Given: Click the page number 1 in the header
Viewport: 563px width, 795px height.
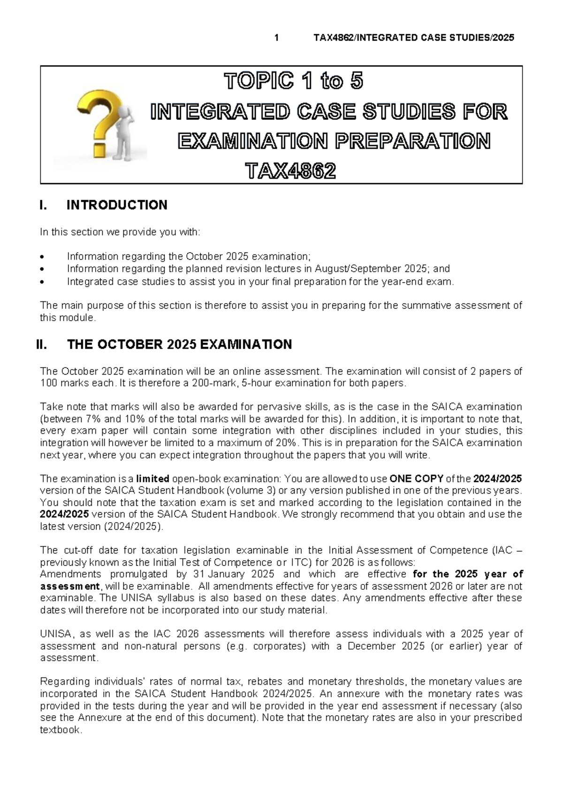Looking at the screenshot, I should (x=277, y=38).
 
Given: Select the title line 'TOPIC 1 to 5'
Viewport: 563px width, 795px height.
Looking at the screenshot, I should (x=294, y=82).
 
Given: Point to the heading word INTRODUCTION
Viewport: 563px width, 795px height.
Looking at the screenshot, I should (x=117, y=205).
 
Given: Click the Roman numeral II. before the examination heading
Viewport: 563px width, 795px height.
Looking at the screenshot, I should (x=42, y=345).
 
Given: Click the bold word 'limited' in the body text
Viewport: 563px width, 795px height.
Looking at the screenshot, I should (x=152, y=479).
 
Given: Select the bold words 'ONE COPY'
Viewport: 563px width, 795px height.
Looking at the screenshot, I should (x=417, y=479).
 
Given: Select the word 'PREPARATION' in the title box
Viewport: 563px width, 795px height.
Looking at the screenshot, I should (x=411, y=141).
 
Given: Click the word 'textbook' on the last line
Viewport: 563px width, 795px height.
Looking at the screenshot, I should (x=60, y=730).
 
